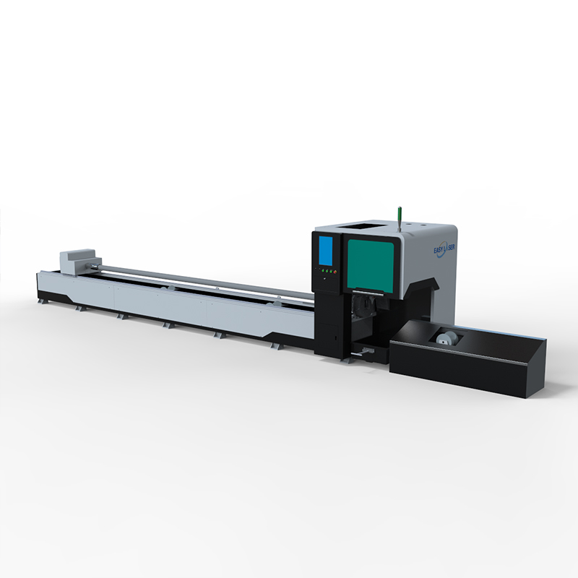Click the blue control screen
click(326, 251)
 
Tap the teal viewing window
click(371, 263)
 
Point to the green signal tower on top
click(399, 220)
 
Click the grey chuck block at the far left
click(78, 260)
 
